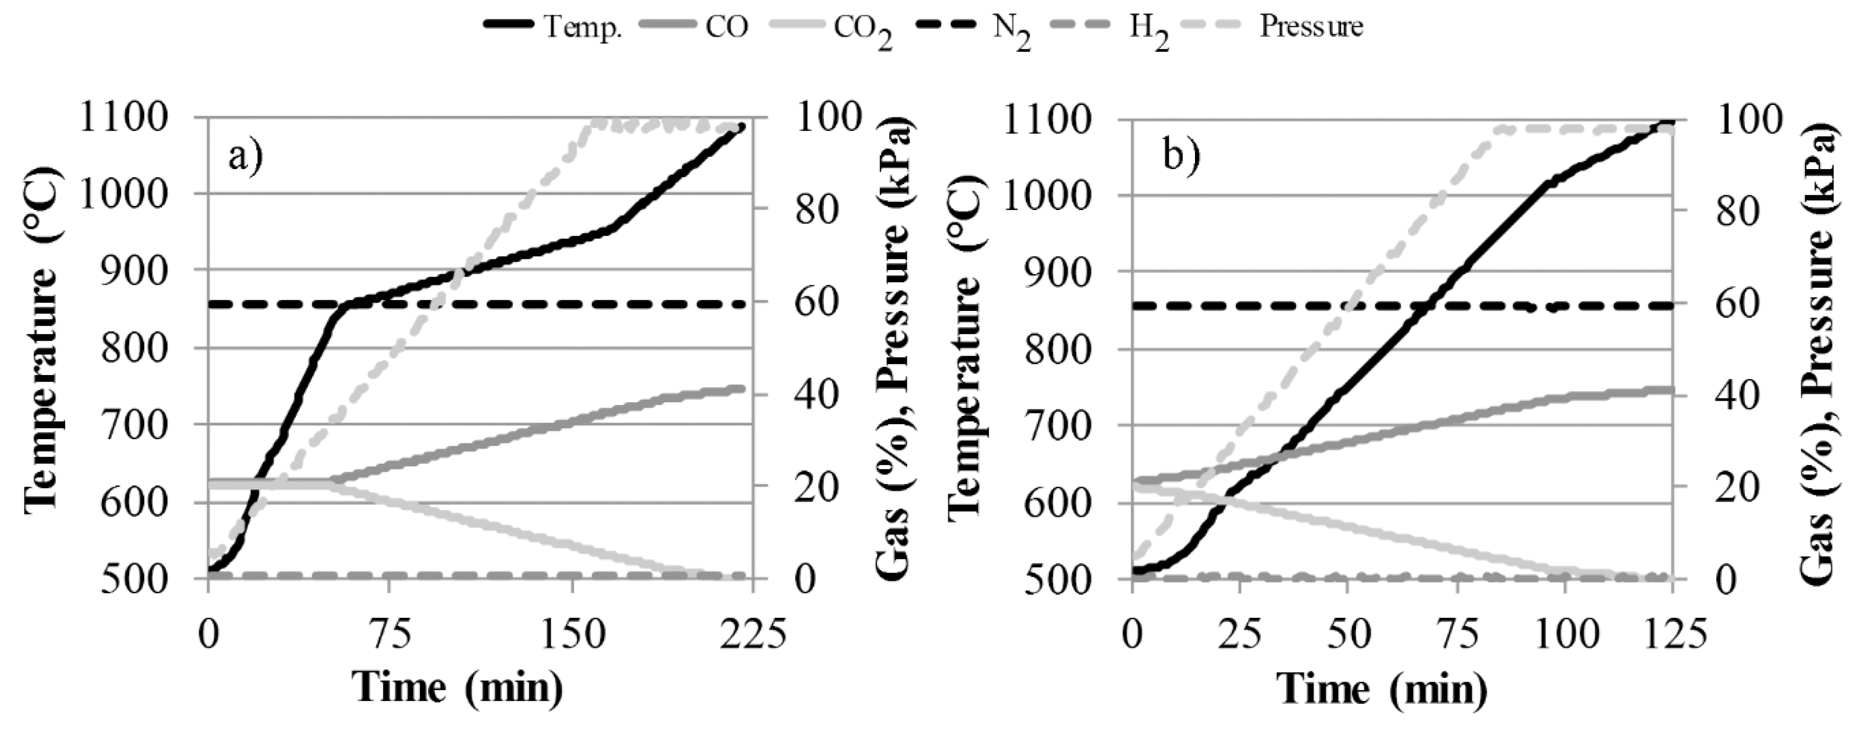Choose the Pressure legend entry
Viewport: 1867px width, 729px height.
click(1310, 27)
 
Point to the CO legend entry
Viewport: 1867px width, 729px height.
click(725, 27)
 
